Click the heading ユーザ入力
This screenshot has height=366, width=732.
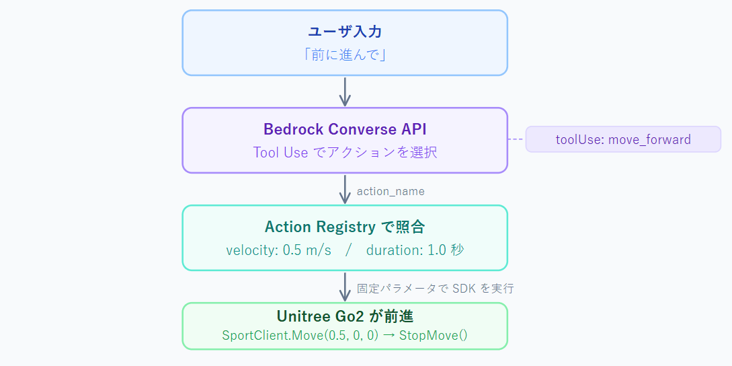(345, 31)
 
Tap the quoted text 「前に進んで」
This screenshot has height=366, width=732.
(345, 54)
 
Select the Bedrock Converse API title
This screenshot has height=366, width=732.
(345, 129)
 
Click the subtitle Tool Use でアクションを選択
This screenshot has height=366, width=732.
(345, 152)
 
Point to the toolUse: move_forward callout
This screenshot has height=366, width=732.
(622, 139)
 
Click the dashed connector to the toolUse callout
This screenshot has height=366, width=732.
(516, 139)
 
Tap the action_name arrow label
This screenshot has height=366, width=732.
(391, 191)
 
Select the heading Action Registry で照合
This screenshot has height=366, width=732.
(345, 227)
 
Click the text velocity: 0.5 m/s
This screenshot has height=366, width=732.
(279, 250)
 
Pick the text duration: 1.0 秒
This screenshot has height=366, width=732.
(415, 250)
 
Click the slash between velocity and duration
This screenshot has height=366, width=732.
(349, 250)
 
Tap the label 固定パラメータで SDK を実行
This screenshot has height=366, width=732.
(435, 288)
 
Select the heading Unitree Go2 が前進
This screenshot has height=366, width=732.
(345, 316)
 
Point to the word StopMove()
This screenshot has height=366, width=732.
(433, 334)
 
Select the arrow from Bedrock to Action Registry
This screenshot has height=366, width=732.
(345, 189)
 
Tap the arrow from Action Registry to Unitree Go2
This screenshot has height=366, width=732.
(345, 287)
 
